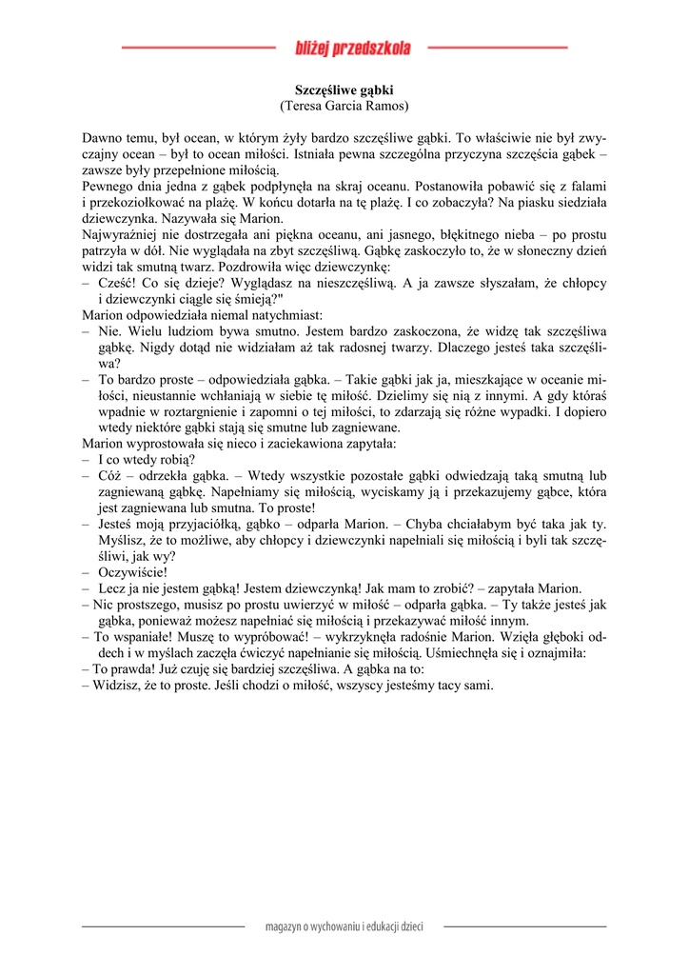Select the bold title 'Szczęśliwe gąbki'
[x=344, y=90]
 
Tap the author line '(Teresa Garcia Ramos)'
[x=344, y=106]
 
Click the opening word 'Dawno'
[x=103, y=138]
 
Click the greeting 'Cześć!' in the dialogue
[x=117, y=283]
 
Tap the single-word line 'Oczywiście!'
[x=132, y=572]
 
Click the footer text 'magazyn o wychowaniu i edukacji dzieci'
[x=344, y=926]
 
